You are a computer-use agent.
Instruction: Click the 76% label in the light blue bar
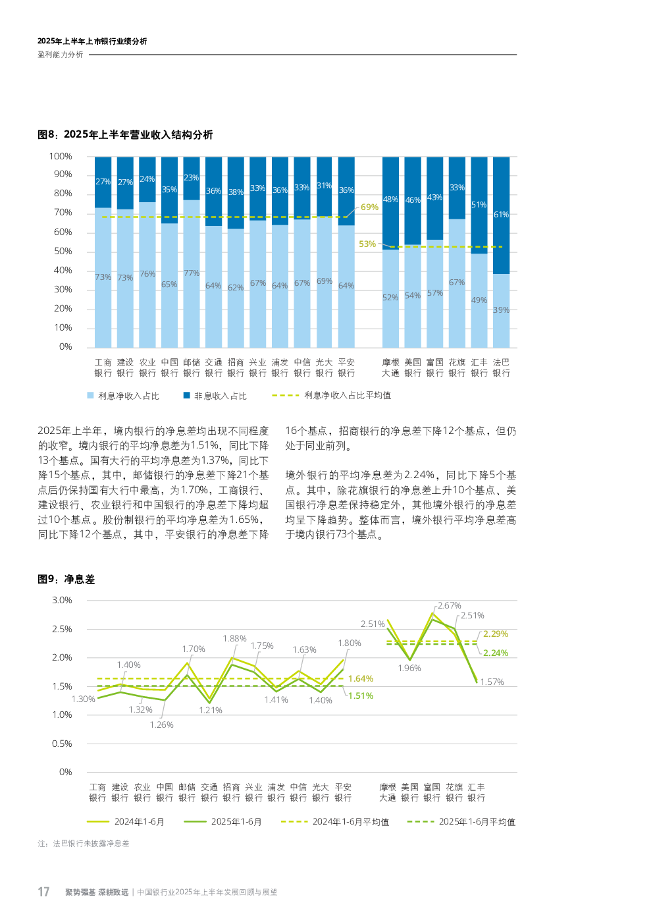point(147,274)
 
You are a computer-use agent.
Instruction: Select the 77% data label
point(192,273)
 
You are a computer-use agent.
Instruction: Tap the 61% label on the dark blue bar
point(501,215)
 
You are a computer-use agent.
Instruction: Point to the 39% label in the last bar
point(501,310)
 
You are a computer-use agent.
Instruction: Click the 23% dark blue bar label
point(192,178)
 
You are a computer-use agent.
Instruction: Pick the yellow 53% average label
point(367,244)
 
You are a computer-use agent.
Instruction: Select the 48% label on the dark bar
point(390,200)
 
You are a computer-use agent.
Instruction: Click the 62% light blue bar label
point(236,288)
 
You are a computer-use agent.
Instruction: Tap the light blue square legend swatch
point(91,395)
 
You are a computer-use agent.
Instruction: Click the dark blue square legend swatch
point(187,395)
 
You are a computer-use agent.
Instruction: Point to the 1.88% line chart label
point(235,639)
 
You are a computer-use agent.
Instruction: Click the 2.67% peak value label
point(450,606)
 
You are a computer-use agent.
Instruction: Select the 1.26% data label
point(162,725)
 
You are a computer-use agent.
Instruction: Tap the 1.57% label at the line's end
point(492,682)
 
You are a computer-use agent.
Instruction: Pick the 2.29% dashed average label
point(496,634)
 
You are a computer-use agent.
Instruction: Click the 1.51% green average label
point(361,696)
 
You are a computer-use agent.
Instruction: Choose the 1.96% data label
point(409,668)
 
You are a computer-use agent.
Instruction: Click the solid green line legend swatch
point(195,822)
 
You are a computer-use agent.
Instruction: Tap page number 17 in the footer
point(43,892)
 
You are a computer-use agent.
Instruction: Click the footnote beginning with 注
point(84,844)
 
